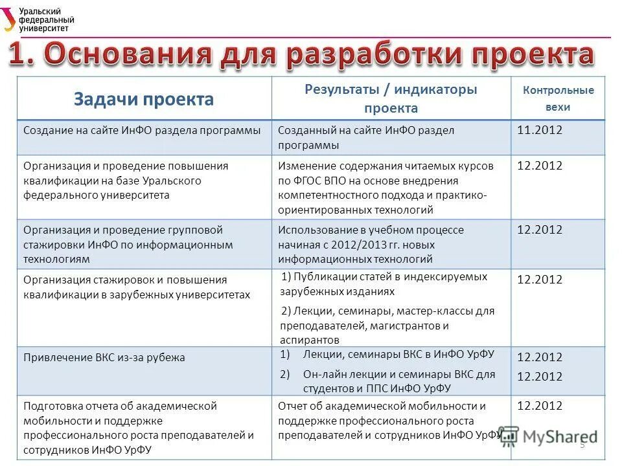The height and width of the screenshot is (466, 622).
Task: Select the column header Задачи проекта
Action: click(x=143, y=99)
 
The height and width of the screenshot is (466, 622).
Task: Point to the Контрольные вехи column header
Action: click(x=558, y=99)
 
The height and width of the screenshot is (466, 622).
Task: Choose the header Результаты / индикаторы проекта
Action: click(x=391, y=98)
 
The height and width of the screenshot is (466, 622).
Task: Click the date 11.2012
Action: click(x=540, y=130)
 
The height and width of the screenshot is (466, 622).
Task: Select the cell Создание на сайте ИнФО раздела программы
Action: click(x=142, y=130)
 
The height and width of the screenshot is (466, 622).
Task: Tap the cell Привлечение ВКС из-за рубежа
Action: click(x=104, y=357)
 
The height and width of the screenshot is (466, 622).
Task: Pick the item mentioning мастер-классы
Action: click(x=387, y=325)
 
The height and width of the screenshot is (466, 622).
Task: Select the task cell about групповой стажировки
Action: click(x=128, y=245)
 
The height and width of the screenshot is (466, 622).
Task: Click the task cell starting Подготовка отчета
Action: click(x=138, y=428)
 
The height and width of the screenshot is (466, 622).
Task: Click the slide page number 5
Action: click(x=582, y=445)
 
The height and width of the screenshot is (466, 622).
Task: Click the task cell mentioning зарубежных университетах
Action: click(x=136, y=287)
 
